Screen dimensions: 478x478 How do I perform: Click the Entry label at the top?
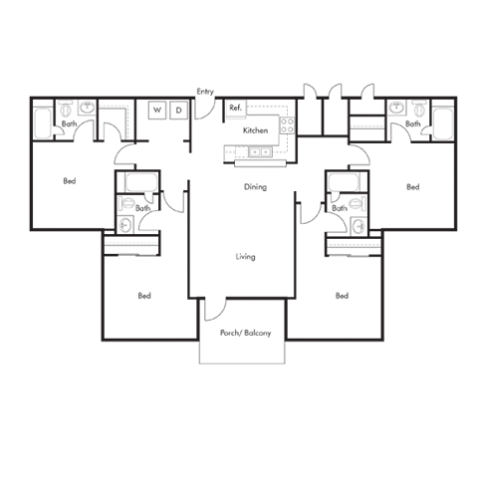pyautogui.click(x=205, y=92)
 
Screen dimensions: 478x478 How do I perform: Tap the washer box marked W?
pyautogui.click(x=157, y=110)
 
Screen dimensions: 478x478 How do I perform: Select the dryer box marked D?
pyautogui.click(x=179, y=110)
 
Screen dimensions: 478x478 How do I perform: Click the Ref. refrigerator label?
pyautogui.click(x=235, y=108)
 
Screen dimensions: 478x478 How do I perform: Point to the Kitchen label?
pyautogui.click(x=255, y=130)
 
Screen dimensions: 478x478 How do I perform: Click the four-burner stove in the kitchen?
pyautogui.click(x=287, y=125)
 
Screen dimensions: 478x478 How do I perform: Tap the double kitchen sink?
pyautogui.click(x=260, y=152)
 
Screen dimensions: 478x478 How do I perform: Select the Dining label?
pyautogui.click(x=255, y=187)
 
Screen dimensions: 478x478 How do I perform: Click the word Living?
pyautogui.click(x=246, y=257)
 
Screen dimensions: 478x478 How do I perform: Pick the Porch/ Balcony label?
pyautogui.click(x=246, y=333)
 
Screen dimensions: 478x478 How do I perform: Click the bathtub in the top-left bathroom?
pyautogui.click(x=43, y=123)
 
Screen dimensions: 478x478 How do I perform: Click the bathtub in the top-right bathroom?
pyautogui.click(x=443, y=124)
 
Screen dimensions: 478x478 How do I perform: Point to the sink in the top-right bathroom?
pyautogui.click(x=395, y=108)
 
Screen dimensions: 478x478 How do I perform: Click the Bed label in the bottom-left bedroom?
pyautogui.click(x=144, y=296)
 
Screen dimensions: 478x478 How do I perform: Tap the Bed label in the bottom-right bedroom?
pyautogui.click(x=342, y=296)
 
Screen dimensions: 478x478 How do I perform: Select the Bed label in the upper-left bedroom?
pyautogui.click(x=70, y=181)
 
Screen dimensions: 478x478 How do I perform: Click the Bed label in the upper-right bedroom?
pyautogui.click(x=413, y=187)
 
